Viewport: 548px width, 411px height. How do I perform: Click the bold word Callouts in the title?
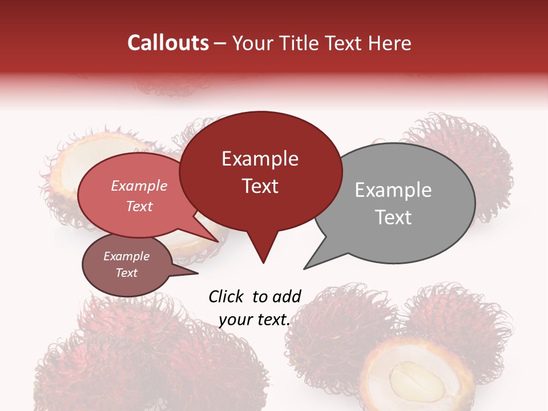tap(168, 43)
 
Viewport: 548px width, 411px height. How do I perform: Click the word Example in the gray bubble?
tap(393, 190)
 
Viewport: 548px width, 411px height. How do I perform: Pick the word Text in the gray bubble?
tap(393, 217)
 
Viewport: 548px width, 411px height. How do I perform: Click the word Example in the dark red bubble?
tap(260, 159)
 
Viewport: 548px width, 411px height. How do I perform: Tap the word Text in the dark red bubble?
tap(260, 186)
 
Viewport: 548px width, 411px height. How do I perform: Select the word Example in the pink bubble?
tap(139, 186)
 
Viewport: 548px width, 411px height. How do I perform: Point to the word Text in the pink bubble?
tap(139, 206)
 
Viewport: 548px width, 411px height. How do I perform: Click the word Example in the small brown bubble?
tap(127, 256)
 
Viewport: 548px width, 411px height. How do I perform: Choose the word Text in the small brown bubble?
tap(127, 273)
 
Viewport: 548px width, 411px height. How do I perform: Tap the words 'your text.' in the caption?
tap(254, 320)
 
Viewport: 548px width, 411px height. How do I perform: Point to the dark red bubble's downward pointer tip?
tap(263, 262)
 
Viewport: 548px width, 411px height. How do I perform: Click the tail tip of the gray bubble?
tap(305, 268)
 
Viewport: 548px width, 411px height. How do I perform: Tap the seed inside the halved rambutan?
tap(416, 382)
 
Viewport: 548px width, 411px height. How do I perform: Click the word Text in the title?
tap(343, 43)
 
